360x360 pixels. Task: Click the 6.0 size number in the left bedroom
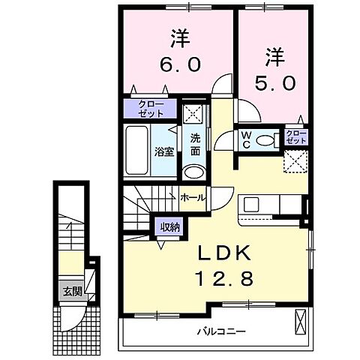point(178,65)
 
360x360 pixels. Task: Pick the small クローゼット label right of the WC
point(296,136)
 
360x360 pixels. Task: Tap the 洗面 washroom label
point(194,144)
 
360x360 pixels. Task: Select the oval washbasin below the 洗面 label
point(193,172)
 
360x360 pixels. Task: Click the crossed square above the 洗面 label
point(193,114)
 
